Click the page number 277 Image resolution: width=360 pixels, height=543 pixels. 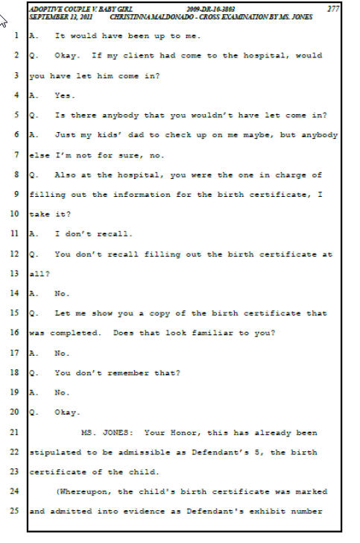pos(333,9)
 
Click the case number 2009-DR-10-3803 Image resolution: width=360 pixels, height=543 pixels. pos(210,10)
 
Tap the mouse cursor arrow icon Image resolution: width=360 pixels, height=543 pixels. pos(3,21)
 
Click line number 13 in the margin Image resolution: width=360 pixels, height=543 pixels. pos(14,273)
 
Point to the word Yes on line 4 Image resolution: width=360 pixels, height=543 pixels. pos(64,95)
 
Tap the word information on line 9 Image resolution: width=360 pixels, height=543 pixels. pos(142,195)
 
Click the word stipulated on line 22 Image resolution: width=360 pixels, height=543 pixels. pos(55,453)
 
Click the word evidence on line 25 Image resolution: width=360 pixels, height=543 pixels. pos(141,511)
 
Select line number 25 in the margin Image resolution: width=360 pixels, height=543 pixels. pos(14,510)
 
